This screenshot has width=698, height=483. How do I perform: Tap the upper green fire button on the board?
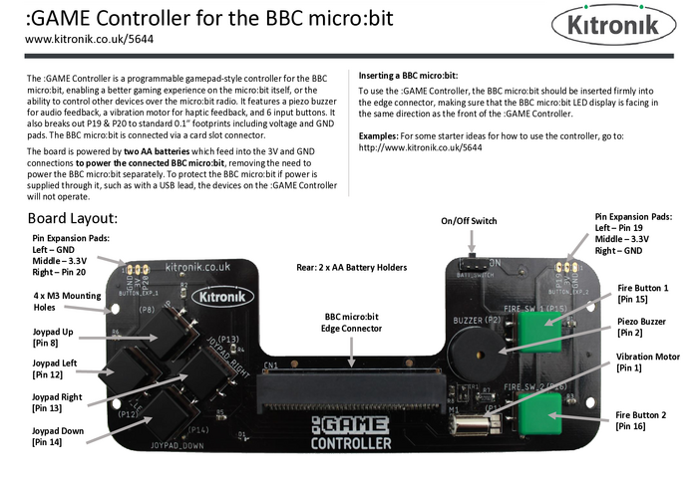[x=539, y=332]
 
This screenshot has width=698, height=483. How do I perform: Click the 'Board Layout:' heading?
[x=73, y=218]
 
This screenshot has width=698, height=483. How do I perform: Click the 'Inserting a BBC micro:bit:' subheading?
[x=408, y=76]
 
